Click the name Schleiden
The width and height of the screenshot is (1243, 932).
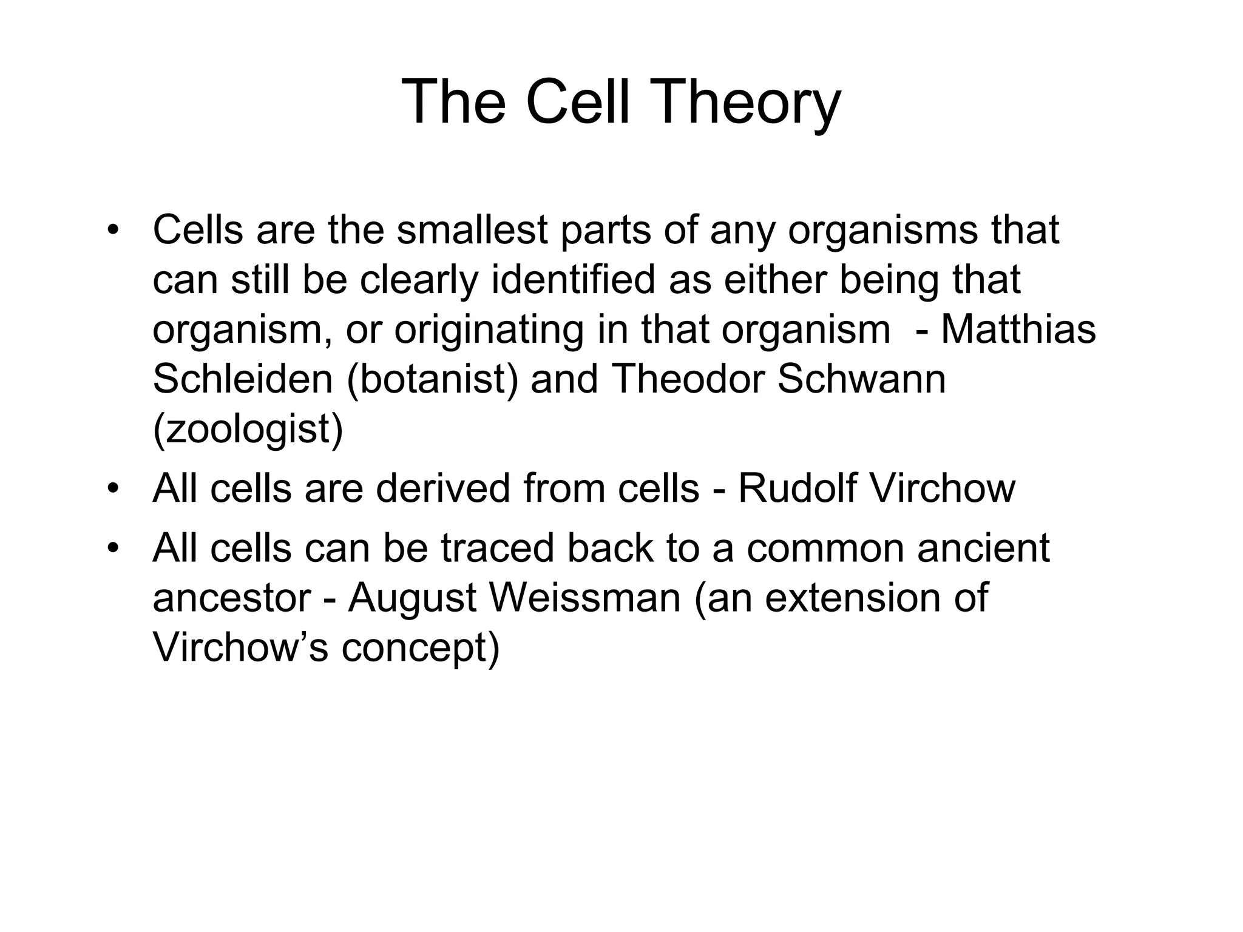pyautogui.click(x=243, y=379)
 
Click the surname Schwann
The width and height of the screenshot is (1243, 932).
pyautogui.click(x=861, y=379)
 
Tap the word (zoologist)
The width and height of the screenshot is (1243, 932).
pyautogui.click(x=248, y=430)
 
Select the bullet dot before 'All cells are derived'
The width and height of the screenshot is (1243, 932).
pyautogui.click(x=112, y=489)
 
